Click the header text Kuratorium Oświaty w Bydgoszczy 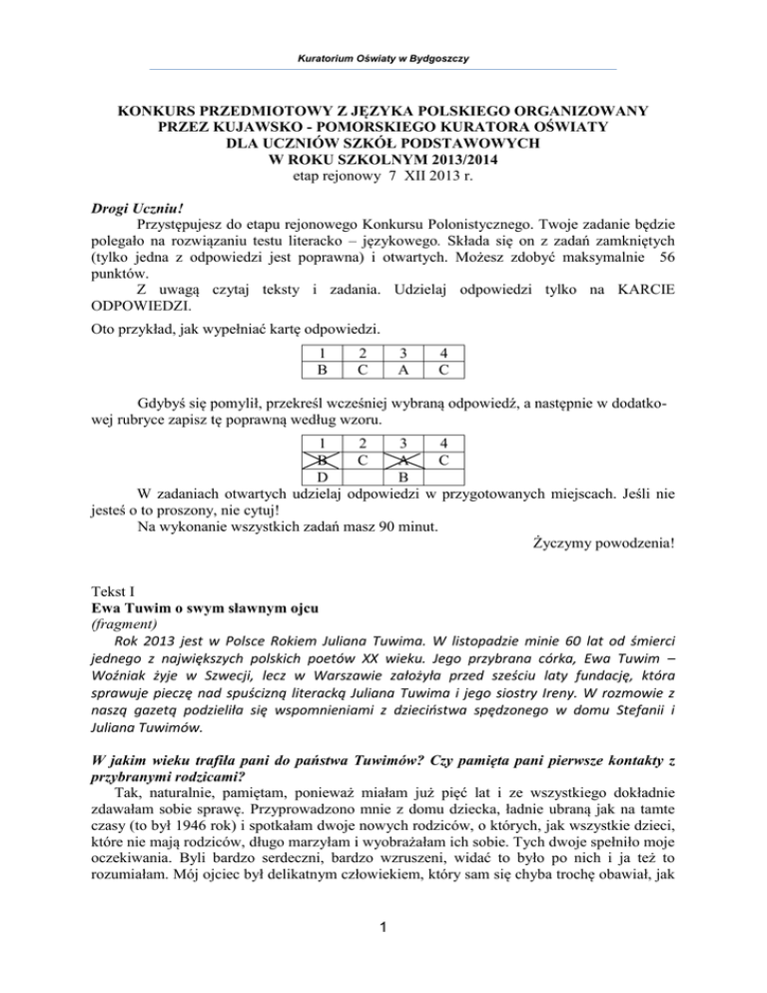click(383, 57)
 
